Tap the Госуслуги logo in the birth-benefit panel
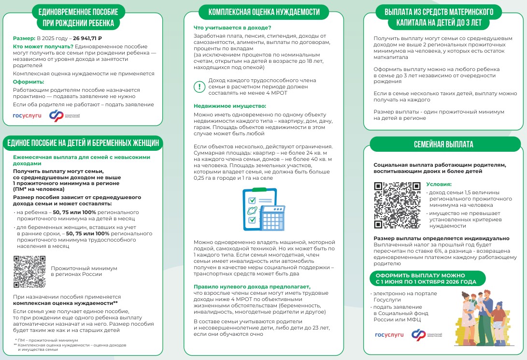click(x=27, y=116)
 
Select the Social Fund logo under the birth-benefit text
click(x=68, y=116)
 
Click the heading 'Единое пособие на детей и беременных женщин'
click(x=82, y=143)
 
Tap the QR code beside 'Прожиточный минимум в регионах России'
click(x=29, y=272)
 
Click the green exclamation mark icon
click(x=199, y=86)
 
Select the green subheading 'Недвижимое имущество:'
click(x=217, y=106)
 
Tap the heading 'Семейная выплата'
click(x=443, y=144)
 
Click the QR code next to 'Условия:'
click(x=397, y=205)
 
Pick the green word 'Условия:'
click(x=439, y=184)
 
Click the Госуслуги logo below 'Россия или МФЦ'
click(x=389, y=334)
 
